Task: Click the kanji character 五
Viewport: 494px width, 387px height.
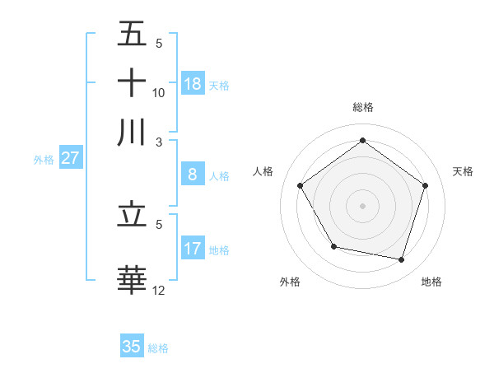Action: coord(133,35)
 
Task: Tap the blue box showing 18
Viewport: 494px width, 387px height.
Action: coord(193,84)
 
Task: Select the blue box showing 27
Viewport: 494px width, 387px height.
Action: coord(70,158)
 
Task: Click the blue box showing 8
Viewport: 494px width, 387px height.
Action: coord(193,175)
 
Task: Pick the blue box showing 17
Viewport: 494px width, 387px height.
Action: coord(193,249)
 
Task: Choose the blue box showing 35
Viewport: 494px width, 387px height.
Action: coord(132,347)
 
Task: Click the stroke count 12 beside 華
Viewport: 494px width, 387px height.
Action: coord(158,290)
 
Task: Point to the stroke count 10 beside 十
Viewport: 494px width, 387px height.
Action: coord(158,92)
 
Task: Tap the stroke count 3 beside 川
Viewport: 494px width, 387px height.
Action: coord(160,141)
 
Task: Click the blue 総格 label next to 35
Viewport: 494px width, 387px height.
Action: coord(158,348)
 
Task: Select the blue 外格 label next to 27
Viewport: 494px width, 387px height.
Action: coord(44,160)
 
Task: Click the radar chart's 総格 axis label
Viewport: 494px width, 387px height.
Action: coord(362,107)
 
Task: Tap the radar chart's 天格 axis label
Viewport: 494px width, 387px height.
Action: coord(464,171)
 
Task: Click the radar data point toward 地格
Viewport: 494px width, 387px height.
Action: coord(401,260)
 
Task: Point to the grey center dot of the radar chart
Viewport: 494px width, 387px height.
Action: coord(362,205)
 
